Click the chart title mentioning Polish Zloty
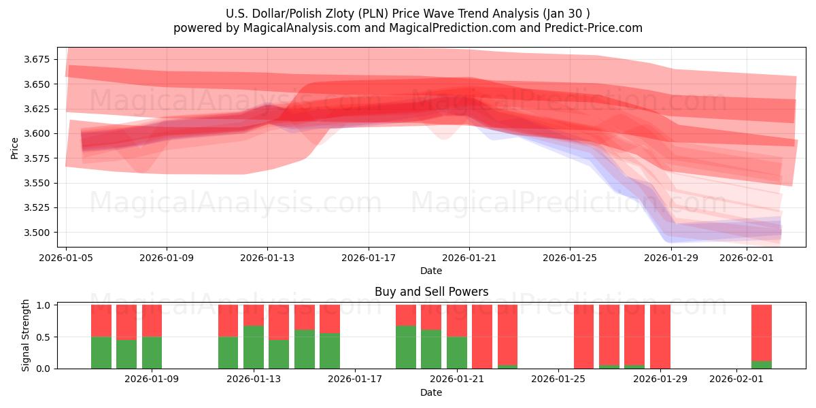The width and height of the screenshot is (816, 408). tap(407, 13)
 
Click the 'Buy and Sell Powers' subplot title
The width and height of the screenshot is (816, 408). tap(431, 292)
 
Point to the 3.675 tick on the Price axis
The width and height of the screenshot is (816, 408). tap(40, 60)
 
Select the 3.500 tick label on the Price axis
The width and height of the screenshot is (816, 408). tap(40, 233)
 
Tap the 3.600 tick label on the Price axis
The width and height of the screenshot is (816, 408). tap(40, 133)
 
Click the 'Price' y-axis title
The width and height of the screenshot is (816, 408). tap(14, 148)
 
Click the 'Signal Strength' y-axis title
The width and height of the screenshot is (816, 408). tap(26, 335)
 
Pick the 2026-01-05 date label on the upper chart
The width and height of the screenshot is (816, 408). tap(66, 258)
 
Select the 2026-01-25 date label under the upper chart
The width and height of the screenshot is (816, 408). tap(570, 258)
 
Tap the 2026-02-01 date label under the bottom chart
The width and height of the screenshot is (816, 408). tap(737, 379)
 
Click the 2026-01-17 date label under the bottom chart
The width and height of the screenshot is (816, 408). tap(356, 379)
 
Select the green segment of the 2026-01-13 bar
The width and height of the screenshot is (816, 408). tap(254, 347)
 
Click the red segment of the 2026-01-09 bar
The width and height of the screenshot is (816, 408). tap(152, 321)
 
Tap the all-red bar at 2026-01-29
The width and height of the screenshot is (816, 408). tap(660, 337)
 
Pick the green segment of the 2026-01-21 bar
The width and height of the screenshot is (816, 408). tap(457, 352)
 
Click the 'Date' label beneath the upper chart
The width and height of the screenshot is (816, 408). tap(430, 271)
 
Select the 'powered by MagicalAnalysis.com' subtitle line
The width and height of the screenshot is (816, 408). tap(407, 28)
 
